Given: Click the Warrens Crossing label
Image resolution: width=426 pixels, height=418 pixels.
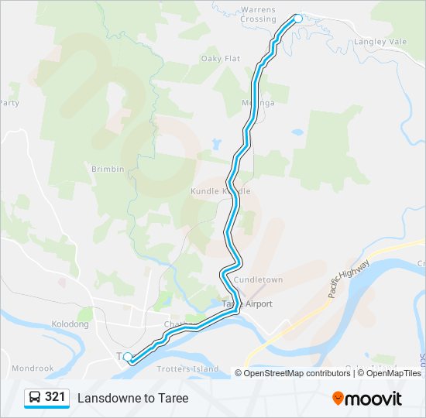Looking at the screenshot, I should (x=258, y=14).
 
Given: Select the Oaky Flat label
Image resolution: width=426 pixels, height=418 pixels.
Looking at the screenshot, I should (x=221, y=59).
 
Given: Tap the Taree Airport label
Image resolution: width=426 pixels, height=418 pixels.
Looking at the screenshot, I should (x=249, y=304).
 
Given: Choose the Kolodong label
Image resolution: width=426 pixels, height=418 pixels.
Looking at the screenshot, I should (x=70, y=324).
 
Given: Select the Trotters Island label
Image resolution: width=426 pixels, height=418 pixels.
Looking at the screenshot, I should (x=187, y=369).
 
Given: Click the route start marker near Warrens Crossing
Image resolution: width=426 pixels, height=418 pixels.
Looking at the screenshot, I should (x=297, y=18).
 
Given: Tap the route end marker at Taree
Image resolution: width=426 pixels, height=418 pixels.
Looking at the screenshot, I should (x=128, y=357).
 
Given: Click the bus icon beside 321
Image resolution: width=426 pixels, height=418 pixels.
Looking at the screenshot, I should (x=35, y=398).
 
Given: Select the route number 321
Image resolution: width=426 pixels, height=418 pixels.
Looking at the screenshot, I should (x=55, y=397).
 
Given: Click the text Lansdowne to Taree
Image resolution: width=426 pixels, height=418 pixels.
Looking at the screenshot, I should (x=132, y=398).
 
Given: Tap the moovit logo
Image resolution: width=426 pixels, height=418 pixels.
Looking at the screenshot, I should (x=367, y=399).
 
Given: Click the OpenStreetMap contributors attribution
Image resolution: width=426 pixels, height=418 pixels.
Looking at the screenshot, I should (x=297, y=373).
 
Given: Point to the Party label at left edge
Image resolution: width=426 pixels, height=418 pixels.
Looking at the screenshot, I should (x=9, y=103).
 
